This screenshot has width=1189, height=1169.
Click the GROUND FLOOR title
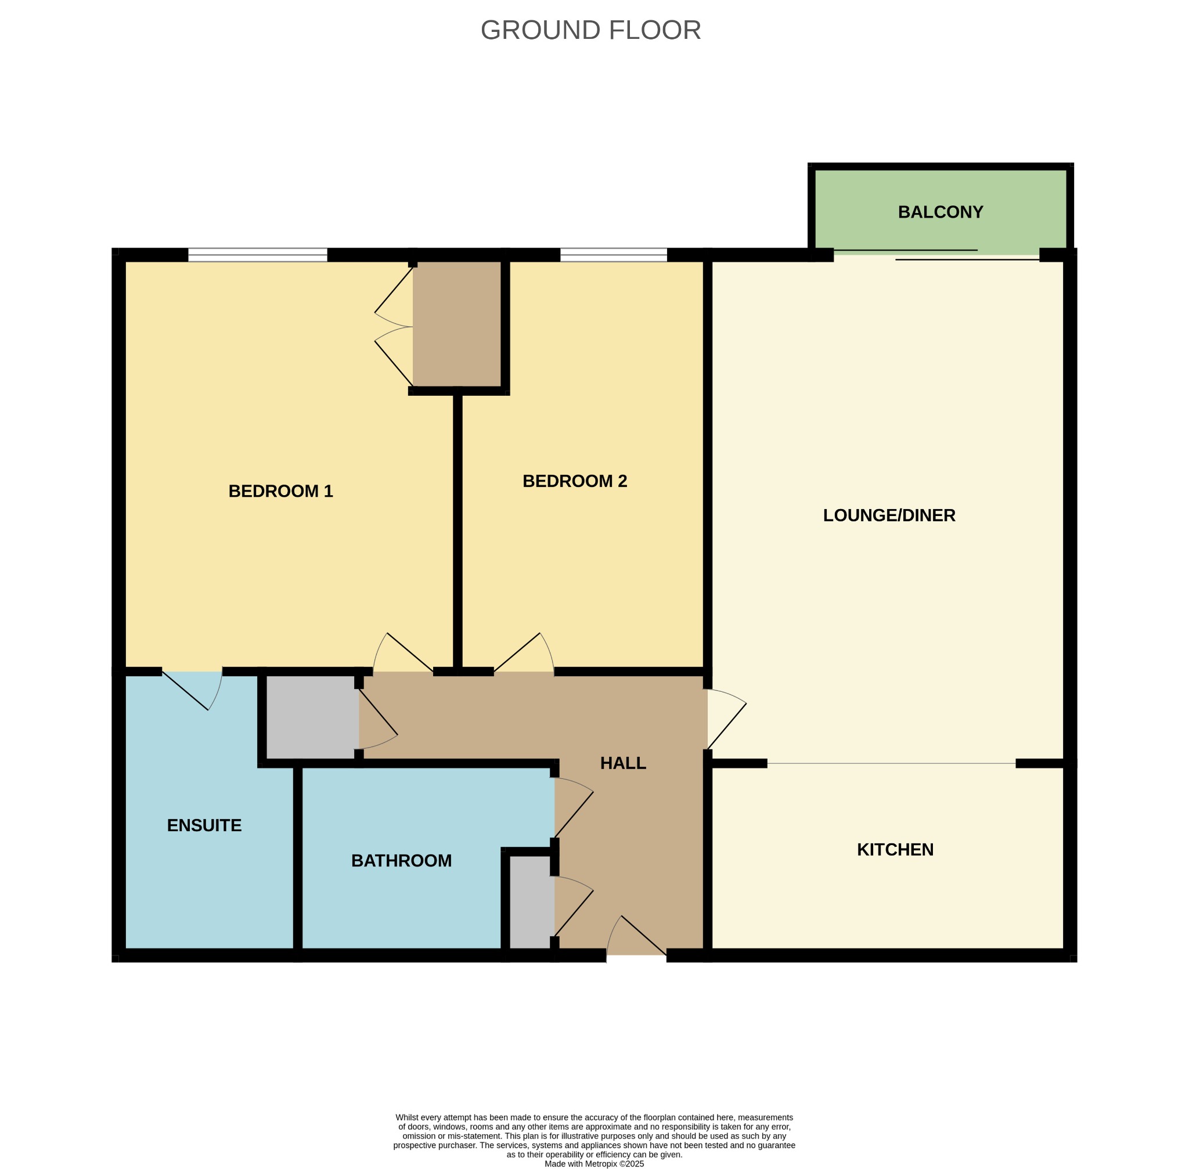pos(590,30)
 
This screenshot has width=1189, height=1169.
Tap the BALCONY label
pos(941,212)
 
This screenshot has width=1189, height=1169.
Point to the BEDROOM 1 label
pos(280,491)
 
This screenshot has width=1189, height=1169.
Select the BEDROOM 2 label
pos(575,481)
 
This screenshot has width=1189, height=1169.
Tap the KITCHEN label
pos(895,850)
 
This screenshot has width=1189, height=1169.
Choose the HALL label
pos(623,763)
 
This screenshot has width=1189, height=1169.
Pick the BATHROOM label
pos(401,861)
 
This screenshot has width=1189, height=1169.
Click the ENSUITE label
pos(204,825)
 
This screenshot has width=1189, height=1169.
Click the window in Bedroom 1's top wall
pos(257,255)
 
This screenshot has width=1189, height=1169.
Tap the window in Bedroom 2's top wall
pos(613,255)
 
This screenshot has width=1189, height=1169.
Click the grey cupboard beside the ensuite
pos(312,717)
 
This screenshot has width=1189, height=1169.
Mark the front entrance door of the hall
pos(636,938)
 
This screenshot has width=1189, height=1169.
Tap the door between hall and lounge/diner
pos(727,719)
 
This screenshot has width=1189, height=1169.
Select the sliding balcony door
pos(936,255)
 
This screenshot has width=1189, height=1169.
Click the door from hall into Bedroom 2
pos(524,652)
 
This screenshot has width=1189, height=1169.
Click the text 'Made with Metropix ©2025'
pos(594,1163)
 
